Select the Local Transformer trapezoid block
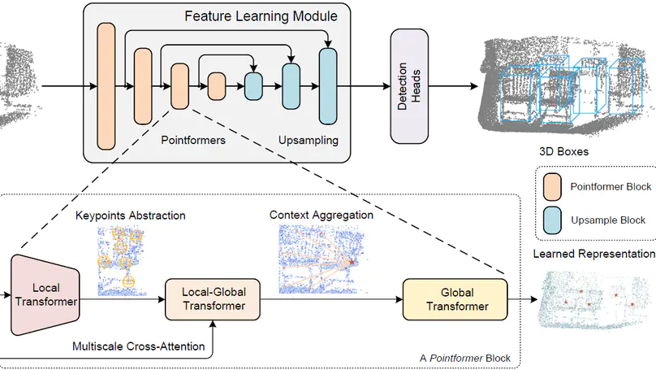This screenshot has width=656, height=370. [45, 294]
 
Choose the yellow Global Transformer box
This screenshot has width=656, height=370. [454, 298]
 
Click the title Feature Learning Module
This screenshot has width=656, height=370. [261, 15]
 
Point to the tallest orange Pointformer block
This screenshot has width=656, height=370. [106, 85]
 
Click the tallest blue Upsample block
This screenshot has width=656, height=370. [327, 85]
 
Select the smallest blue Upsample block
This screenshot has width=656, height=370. [254, 85]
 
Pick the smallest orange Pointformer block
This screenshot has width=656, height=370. [217, 85]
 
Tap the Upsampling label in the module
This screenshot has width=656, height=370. [309, 140]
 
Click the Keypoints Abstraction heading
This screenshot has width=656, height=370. [131, 215]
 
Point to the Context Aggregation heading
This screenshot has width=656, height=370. [322, 215]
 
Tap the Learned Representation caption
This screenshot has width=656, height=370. [593, 254]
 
